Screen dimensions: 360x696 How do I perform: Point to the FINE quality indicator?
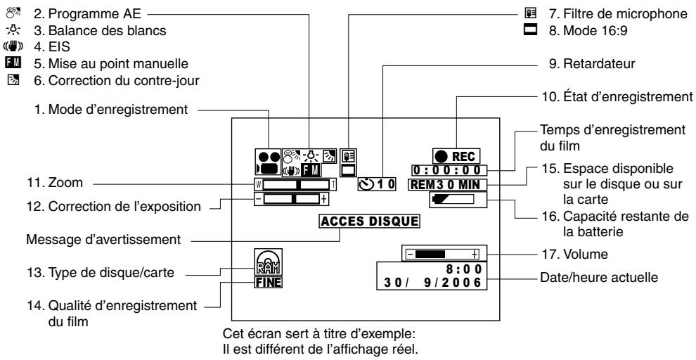[x=269, y=284]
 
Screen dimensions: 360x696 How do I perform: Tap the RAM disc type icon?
[x=269, y=266]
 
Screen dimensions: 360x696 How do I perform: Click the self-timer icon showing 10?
[x=377, y=185]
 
